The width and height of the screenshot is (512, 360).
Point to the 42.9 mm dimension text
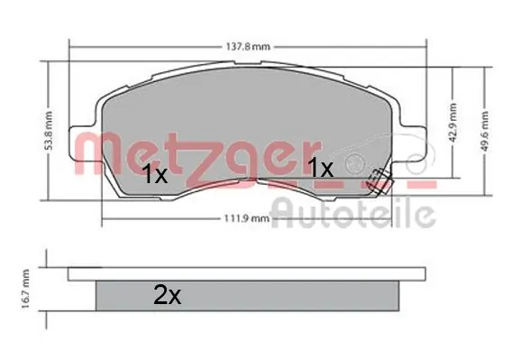(x=455, y=117)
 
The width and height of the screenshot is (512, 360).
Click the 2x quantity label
(x=167, y=293)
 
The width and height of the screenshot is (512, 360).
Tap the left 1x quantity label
(x=154, y=176)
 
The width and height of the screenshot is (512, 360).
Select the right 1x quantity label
(x=320, y=168)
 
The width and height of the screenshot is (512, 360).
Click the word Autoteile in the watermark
(x=353, y=214)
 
